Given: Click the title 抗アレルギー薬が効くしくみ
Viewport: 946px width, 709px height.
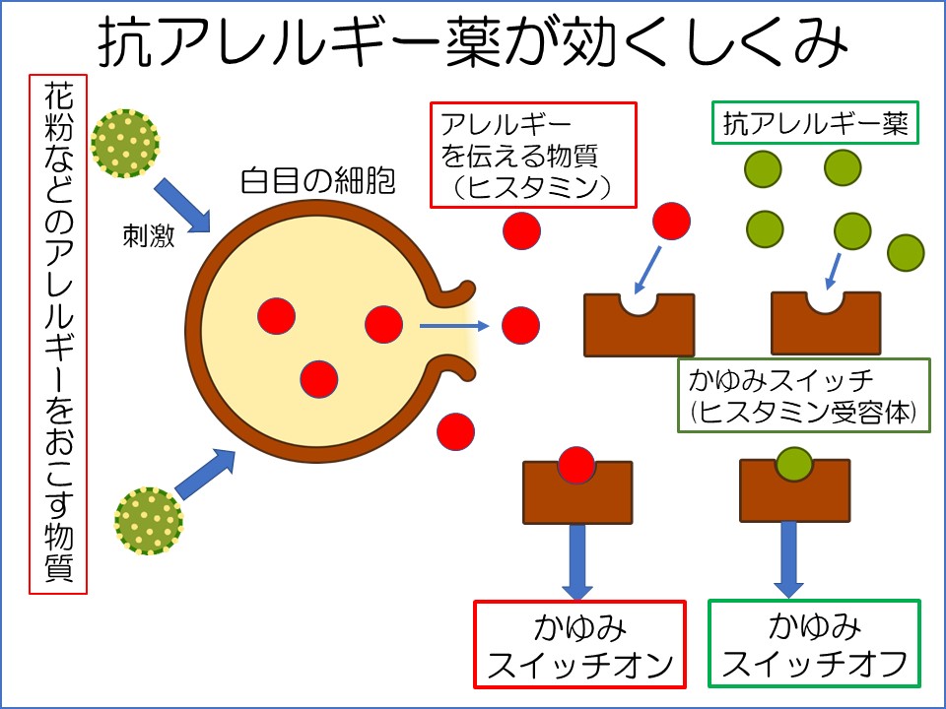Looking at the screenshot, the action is tap(473, 42).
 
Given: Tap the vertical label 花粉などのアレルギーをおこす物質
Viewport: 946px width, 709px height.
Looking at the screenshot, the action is tap(58, 334).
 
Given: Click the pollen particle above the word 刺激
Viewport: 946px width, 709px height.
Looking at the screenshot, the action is tap(125, 144).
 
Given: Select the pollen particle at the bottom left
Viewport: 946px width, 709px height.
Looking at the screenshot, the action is tap(149, 521).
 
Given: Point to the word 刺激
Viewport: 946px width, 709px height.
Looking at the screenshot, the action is tap(149, 235).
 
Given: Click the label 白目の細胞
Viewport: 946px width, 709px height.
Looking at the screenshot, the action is tap(318, 181).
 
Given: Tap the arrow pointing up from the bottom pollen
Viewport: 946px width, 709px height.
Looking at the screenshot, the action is tap(205, 474).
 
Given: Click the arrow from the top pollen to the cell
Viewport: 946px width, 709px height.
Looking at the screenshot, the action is tap(182, 205).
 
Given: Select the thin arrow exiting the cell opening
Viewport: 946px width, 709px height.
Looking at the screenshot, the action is tap(454, 326).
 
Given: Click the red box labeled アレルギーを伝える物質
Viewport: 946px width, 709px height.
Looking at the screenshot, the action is tap(533, 155).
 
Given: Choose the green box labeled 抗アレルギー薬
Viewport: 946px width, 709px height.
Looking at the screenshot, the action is tap(815, 122).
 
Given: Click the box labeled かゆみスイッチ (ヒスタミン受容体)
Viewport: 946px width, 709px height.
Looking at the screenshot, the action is tap(804, 396).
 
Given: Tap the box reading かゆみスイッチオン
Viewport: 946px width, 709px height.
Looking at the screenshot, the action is tap(579, 644).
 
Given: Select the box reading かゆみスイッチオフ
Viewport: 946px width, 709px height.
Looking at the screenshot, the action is tap(815, 643).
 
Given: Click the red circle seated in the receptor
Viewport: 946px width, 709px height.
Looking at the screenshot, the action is tap(576, 466).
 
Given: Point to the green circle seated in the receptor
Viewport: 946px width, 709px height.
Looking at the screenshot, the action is tap(794, 464).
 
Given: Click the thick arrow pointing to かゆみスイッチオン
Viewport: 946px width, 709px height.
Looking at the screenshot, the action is tap(577, 562).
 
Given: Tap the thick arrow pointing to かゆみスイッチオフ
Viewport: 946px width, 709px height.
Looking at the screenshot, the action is tap(788, 559).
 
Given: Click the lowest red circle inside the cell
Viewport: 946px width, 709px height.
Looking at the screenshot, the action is tap(319, 379).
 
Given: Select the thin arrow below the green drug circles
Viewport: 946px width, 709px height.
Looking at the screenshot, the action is tap(834, 272).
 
